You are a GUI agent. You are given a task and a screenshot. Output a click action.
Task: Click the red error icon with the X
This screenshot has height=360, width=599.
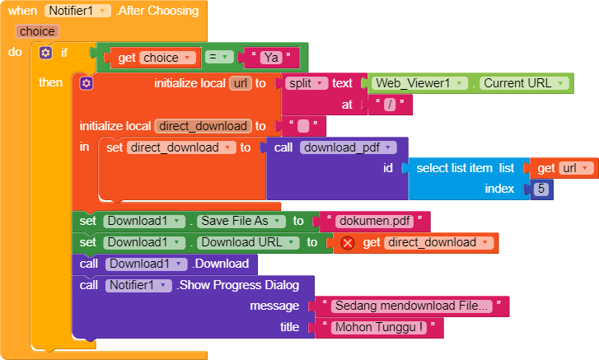[x=348, y=243]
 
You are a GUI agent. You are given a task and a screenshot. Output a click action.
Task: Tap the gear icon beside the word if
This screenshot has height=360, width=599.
[x=45, y=53]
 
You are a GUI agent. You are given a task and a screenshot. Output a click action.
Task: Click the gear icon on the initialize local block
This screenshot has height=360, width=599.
[x=87, y=83]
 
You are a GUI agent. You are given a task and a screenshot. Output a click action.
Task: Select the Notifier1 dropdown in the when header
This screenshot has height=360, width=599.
[x=77, y=11]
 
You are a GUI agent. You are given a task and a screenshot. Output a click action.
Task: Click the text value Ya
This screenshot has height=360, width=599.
[x=271, y=58]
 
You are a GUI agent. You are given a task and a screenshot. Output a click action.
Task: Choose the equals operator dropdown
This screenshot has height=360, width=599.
[x=219, y=58]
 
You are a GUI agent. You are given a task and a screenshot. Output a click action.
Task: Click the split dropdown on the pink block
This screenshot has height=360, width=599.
[x=307, y=83]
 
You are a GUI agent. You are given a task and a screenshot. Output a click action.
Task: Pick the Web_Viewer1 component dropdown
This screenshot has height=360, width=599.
[x=419, y=83]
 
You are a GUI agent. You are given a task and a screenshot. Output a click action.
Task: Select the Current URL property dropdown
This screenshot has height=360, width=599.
[x=524, y=83]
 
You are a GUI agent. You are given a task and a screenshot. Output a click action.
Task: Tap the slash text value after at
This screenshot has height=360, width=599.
[x=390, y=105]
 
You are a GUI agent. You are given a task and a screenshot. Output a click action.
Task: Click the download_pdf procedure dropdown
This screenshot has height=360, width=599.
[x=348, y=147]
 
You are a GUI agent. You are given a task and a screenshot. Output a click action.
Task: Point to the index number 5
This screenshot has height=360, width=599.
[x=541, y=189]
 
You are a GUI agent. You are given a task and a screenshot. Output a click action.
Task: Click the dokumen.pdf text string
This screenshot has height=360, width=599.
[x=374, y=221]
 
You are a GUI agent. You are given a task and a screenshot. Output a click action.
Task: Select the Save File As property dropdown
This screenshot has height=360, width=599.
[x=241, y=221]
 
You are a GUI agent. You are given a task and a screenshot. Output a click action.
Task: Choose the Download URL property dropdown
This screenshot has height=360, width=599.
[x=248, y=242]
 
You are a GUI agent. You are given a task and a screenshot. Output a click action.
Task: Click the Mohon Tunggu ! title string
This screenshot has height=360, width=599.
[x=378, y=327]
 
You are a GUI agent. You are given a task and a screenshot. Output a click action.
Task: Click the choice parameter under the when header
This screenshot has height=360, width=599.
[x=37, y=31]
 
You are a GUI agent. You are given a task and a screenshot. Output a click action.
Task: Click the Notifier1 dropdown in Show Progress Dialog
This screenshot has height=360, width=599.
[x=138, y=285]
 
